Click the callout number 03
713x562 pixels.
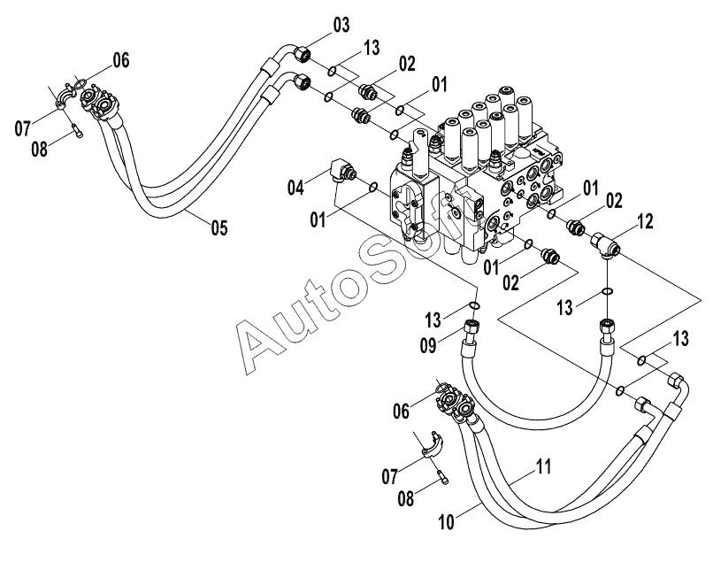pos(341,25)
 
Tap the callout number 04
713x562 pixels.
pos(295,187)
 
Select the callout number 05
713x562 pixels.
pos(219,227)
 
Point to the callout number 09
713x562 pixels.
pos(428,345)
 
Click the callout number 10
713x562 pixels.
pos(447,522)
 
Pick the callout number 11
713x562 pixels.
pos(544,467)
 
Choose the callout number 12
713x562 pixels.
pos(645,221)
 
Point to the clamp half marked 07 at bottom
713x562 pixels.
pos(433,444)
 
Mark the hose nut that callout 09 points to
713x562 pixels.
pos(471,327)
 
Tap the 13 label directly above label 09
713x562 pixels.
pos(433,319)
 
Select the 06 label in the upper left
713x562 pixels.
pos(121,60)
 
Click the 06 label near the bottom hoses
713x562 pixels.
pos(401,412)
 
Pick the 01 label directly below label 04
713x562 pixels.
pos(318,220)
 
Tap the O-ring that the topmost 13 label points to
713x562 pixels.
pos(333,71)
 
